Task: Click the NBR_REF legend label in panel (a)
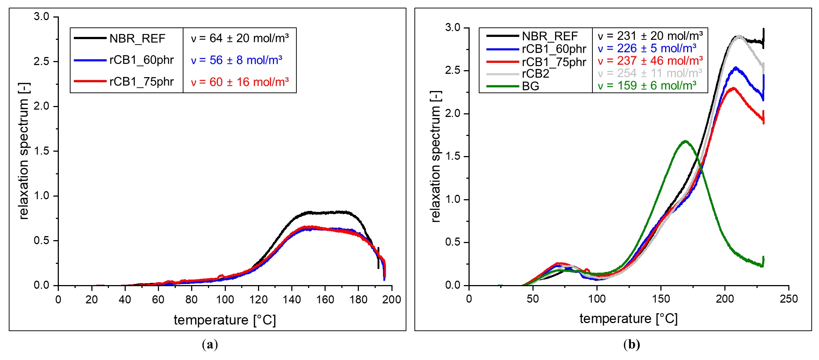pos(137,38)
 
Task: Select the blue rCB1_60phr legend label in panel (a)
pos(141,60)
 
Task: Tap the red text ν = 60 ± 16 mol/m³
pos(240,82)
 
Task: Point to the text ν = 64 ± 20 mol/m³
pos(240,38)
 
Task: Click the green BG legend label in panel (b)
pos(530,86)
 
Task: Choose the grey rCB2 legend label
pos(535,74)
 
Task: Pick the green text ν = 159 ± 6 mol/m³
pos(647,86)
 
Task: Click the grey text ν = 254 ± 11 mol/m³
pos(650,73)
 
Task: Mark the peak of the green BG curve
pos(685,141)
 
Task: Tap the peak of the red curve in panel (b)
pos(733,88)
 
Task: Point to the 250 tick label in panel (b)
pos(789,299)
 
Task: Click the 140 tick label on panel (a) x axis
pos(292,300)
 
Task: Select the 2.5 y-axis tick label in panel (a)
pos(41,61)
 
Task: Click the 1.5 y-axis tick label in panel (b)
pos(452,156)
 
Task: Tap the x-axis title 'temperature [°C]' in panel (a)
pos(225,320)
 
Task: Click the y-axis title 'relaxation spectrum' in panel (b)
pos(436,156)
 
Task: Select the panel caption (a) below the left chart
pos(210,344)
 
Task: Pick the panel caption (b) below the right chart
pos(632,344)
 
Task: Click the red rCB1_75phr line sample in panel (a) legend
pos(90,82)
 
